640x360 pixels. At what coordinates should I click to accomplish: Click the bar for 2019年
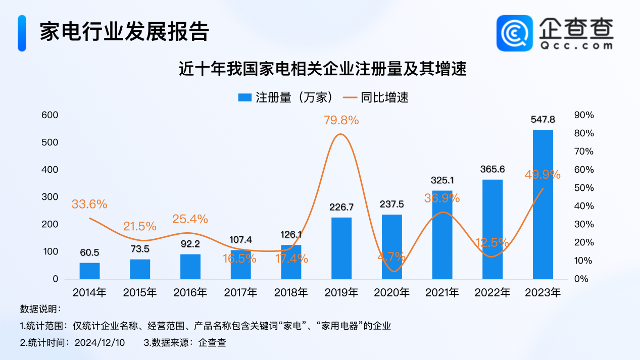341,248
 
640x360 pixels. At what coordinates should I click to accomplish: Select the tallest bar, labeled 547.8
543,204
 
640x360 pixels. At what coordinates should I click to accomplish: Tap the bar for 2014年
89,271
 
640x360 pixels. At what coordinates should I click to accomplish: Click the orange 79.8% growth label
341,120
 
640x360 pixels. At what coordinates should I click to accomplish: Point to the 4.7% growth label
391,256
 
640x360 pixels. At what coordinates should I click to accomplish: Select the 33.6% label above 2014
89,204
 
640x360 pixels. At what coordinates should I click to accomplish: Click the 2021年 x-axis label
442,292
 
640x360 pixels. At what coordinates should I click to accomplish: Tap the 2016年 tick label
190,292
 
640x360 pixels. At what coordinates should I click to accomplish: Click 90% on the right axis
584,115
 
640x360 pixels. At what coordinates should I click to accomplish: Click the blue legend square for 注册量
244,98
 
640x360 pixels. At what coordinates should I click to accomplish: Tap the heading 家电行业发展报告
124,33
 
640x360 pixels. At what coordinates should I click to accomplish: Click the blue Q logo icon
514,33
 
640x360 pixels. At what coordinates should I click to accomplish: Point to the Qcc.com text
576,45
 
